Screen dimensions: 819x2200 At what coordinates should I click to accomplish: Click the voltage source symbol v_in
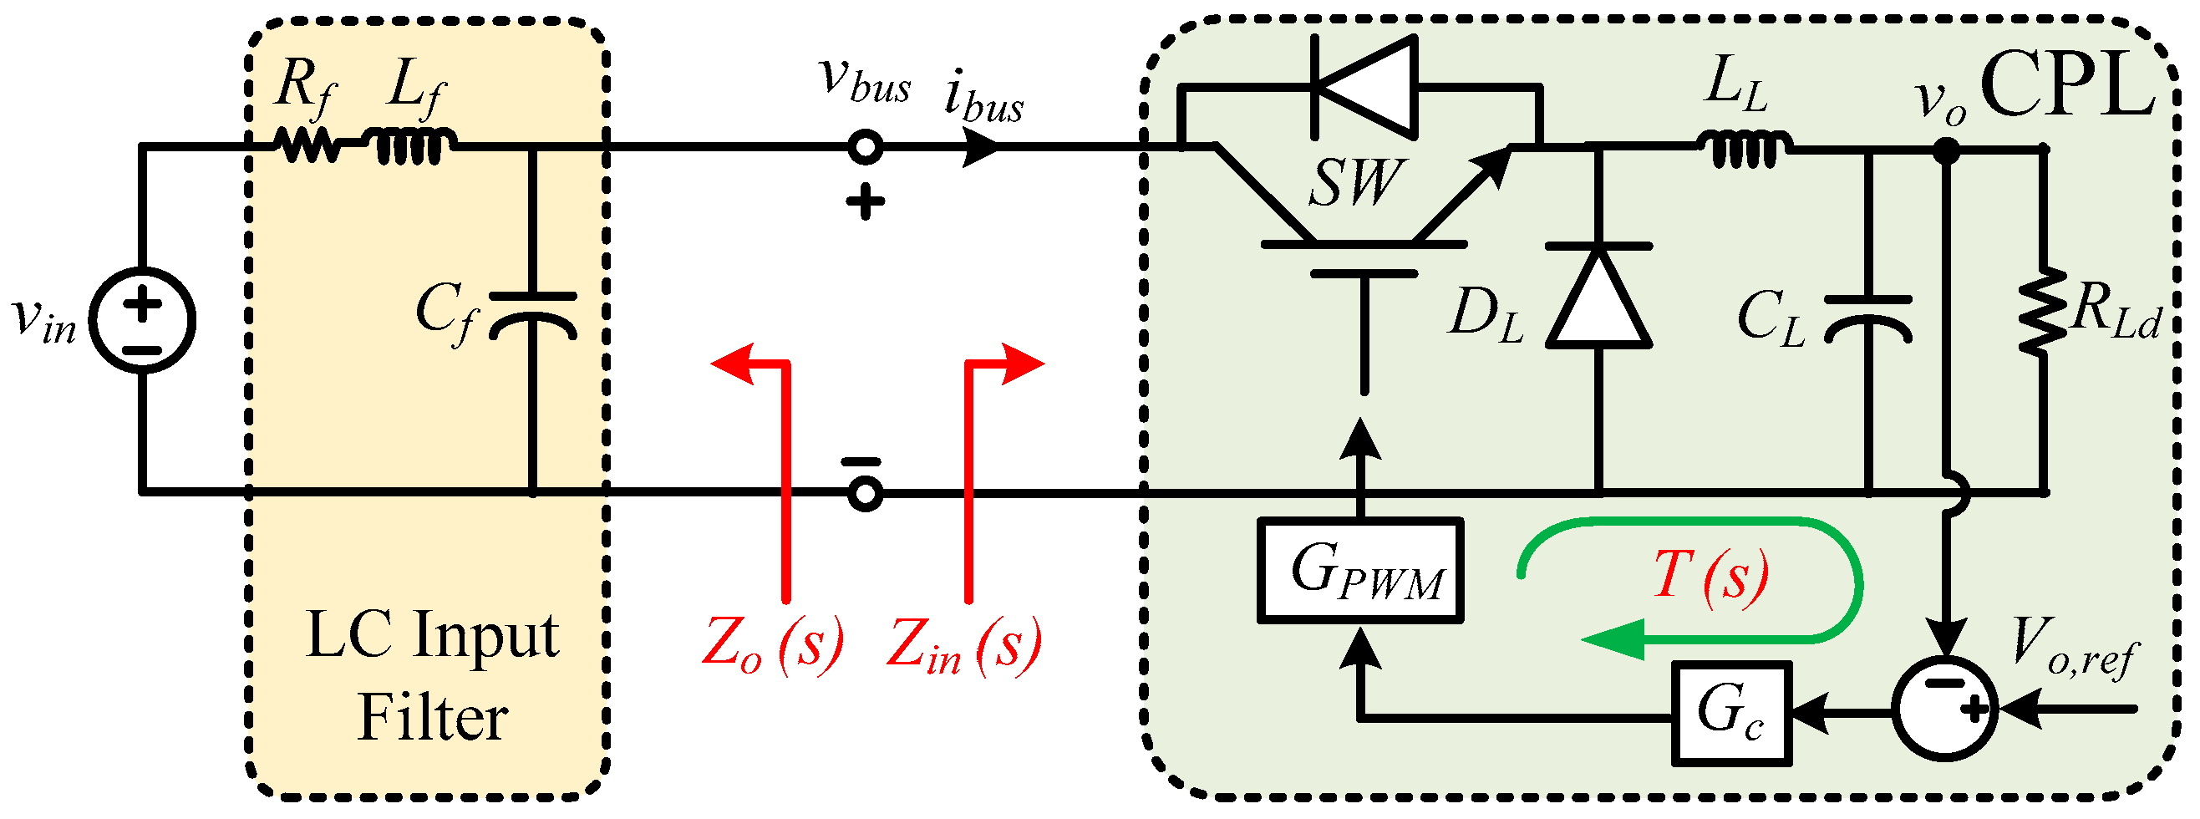pyautogui.click(x=143, y=321)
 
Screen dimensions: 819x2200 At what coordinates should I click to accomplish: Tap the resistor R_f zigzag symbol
pyautogui.click(x=308, y=146)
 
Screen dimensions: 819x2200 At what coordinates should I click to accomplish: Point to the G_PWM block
pyautogui.click(x=1359, y=571)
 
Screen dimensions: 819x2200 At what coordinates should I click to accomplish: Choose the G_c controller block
pyautogui.click(x=1730, y=713)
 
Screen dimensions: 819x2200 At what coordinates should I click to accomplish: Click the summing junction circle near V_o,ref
pyautogui.click(x=1944, y=708)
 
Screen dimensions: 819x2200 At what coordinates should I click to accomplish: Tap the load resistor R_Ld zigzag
pyautogui.click(x=2043, y=311)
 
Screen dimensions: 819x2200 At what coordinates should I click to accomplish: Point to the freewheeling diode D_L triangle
pyautogui.click(x=1598, y=299)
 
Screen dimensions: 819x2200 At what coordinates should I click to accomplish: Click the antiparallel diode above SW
pyautogui.click(x=1363, y=86)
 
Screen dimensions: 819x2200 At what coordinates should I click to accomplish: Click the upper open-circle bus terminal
pyautogui.click(x=864, y=147)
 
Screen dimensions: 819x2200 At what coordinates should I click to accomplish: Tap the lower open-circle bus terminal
pyautogui.click(x=864, y=494)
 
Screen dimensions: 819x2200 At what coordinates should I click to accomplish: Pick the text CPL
pyautogui.click(x=2067, y=85)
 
